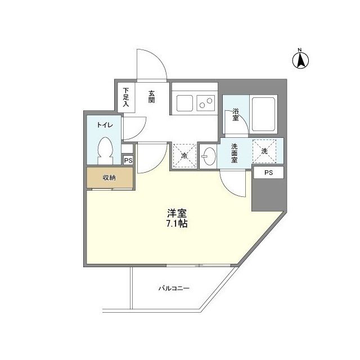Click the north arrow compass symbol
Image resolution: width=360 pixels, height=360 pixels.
tap(302, 58)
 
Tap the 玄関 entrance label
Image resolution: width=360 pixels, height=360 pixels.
tap(152, 97)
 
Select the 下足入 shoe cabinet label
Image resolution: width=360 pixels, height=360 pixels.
tap(126, 97)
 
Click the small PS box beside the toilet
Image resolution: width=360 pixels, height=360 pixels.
tap(128, 160)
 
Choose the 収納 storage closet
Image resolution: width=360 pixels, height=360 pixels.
tap(109, 178)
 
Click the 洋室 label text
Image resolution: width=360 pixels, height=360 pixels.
tap(177, 214)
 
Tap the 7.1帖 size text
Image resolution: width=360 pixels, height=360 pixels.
tap(177, 223)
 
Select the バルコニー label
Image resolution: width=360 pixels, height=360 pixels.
tap(173, 289)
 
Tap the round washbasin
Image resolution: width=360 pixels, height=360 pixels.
tap(208, 156)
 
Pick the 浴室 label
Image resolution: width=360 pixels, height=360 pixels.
tap(236, 115)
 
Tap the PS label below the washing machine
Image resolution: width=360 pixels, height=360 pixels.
tap(268, 173)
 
